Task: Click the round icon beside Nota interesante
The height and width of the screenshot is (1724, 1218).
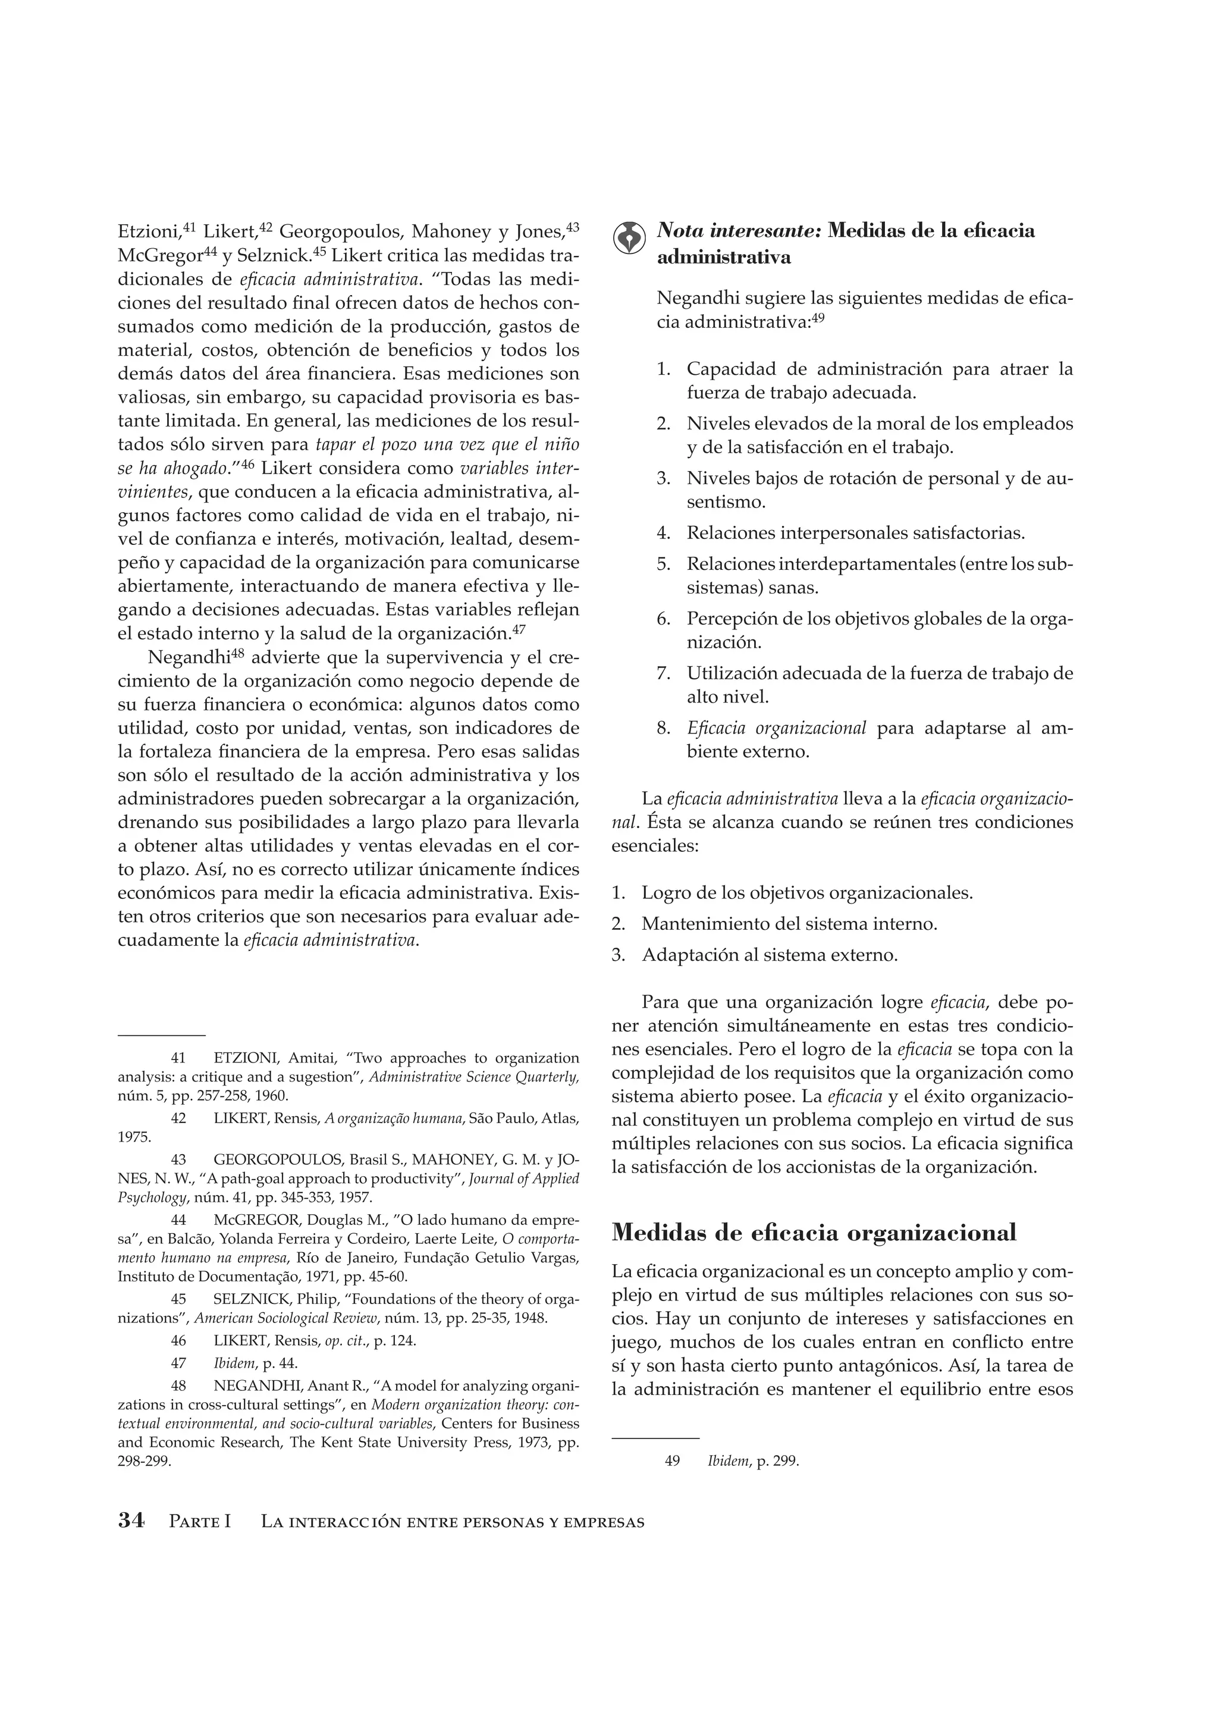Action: click(629, 238)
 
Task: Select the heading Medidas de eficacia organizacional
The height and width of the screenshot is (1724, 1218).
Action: click(814, 1232)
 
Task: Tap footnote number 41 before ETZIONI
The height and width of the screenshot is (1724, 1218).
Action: click(178, 1058)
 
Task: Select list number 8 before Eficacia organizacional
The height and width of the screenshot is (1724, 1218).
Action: click(663, 728)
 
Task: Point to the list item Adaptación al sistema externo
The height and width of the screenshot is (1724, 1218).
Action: click(769, 955)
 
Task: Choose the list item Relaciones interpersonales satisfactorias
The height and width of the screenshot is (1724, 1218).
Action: click(856, 533)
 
